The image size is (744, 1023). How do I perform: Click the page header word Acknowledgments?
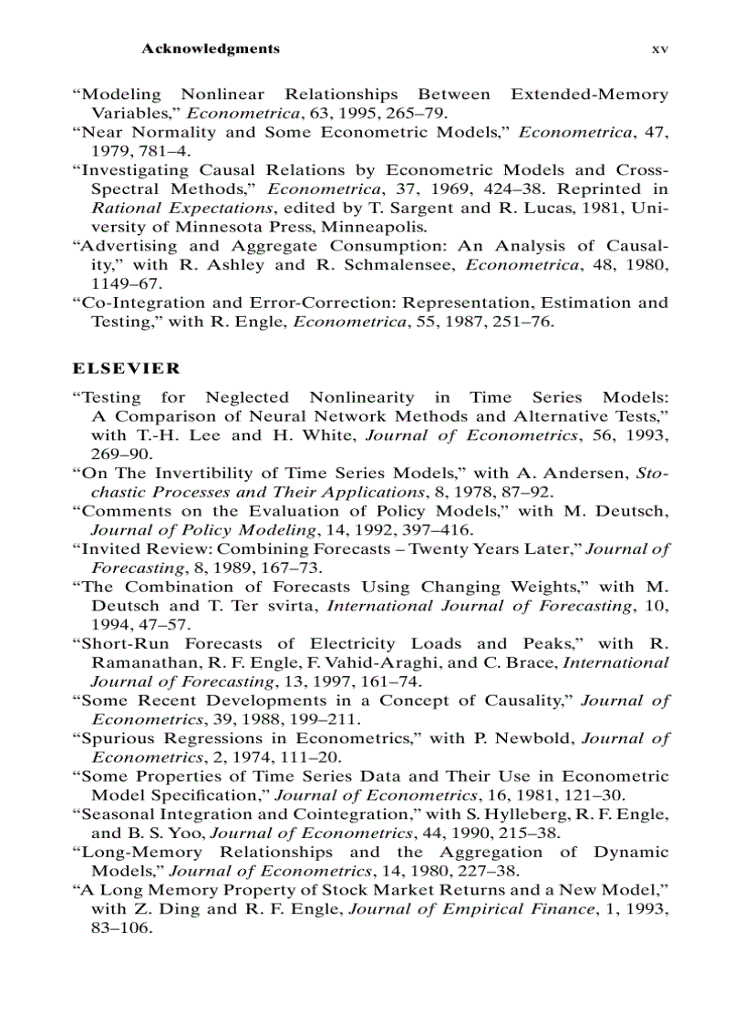pyautogui.click(x=211, y=48)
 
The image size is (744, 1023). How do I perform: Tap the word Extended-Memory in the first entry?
pyautogui.click(x=589, y=94)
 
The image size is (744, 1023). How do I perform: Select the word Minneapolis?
pyautogui.click(x=372, y=227)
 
